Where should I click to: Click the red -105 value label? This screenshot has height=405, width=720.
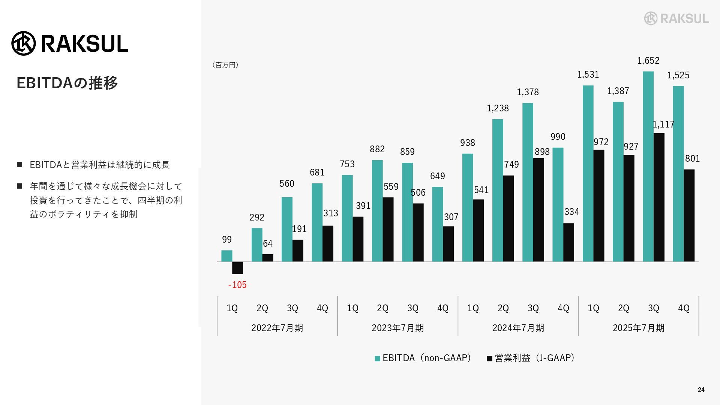point(237,285)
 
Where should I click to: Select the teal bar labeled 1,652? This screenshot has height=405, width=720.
point(648,166)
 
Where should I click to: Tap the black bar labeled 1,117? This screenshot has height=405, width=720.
point(659,197)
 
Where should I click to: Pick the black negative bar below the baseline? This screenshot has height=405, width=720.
point(237,268)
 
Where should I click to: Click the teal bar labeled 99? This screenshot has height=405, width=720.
point(227,256)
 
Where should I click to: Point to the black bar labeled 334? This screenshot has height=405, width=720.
point(568,242)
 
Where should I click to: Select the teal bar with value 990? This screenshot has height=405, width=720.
point(558,204)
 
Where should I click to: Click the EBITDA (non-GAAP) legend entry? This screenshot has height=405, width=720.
point(423,358)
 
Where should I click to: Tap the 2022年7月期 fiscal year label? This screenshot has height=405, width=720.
point(277,328)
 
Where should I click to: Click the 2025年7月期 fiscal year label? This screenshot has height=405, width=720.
point(638,328)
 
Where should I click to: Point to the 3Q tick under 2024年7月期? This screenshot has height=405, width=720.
point(533,308)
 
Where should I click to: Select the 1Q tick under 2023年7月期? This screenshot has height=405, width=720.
point(352,308)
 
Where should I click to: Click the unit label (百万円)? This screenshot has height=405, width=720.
point(225,65)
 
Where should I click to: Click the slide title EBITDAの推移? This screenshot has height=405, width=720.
point(67,83)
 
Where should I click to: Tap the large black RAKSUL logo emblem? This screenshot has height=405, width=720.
point(24,43)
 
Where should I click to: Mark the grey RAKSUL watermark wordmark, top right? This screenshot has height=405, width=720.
point(684,18)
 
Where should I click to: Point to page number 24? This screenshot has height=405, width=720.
point(701,390)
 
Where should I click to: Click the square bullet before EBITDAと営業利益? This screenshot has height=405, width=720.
point(19,165)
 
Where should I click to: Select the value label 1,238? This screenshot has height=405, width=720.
point(498,108)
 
